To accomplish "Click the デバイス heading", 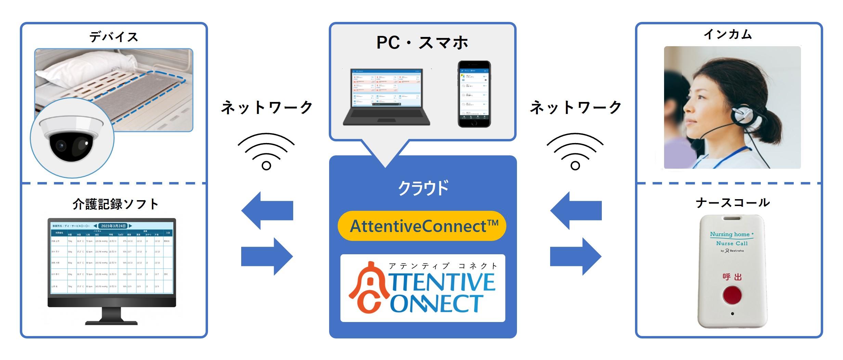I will coord(114,37).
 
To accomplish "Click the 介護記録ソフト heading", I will coord(115,204).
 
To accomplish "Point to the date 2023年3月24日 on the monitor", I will coord(113,226).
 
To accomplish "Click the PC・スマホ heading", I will coord(422,43).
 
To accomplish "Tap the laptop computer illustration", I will coord(386,98).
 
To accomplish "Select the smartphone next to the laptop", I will coord(474,94).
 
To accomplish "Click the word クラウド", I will coord(423,188).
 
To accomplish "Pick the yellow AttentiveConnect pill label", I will coord(422,226).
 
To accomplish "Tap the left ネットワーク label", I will coord(267,107).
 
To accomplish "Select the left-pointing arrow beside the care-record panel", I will coord(267,210).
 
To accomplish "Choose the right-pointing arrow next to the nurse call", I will coord(576,256).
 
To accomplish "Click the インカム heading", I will coord(727,34).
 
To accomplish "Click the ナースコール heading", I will coord(732,203).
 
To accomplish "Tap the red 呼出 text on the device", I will coord(732,277).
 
